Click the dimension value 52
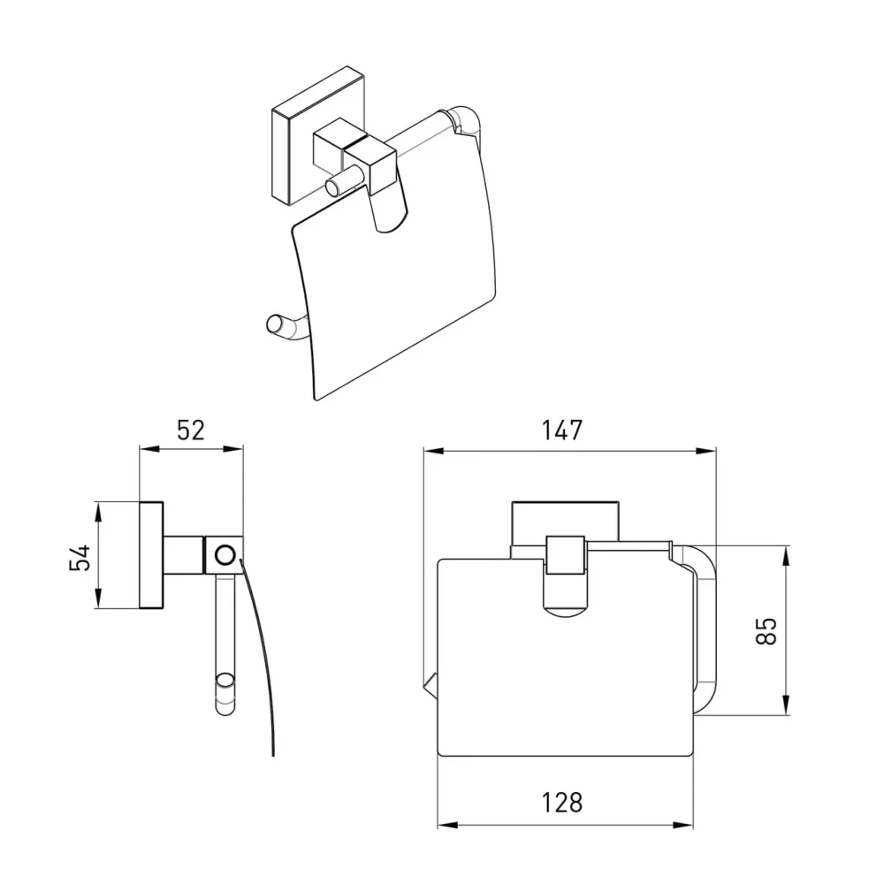click(191, 431)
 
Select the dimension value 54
click(80, 557)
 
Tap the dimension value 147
click(561, 431)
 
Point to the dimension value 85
click(766, 631)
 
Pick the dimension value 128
click(561, 803)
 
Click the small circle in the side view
click(225, 555)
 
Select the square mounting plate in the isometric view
click(318, 136)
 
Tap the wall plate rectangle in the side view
click(151, 555)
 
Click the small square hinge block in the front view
click(566, 555)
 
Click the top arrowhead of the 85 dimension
click(786, 554)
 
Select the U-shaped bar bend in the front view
click(705, 630)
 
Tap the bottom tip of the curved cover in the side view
click(273, 754)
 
